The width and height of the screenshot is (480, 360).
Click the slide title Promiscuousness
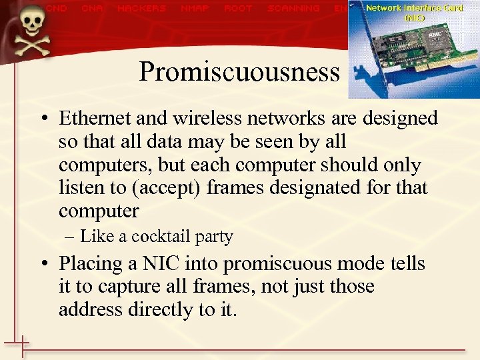click(239, 72)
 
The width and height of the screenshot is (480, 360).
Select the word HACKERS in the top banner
click(142, 9)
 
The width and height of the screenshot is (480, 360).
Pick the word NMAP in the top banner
click(195, 9)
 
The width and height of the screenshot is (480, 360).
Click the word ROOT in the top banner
click(238, 9)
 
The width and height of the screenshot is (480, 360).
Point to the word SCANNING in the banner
click(293, 9)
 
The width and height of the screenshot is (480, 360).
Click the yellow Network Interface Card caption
click(414, 13)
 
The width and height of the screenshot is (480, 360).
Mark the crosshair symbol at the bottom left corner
click(20, 346)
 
